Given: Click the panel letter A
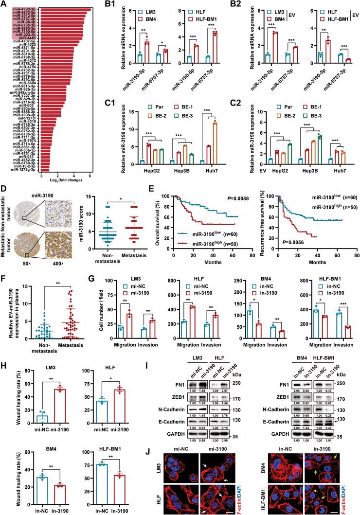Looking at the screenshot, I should point(5,4).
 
